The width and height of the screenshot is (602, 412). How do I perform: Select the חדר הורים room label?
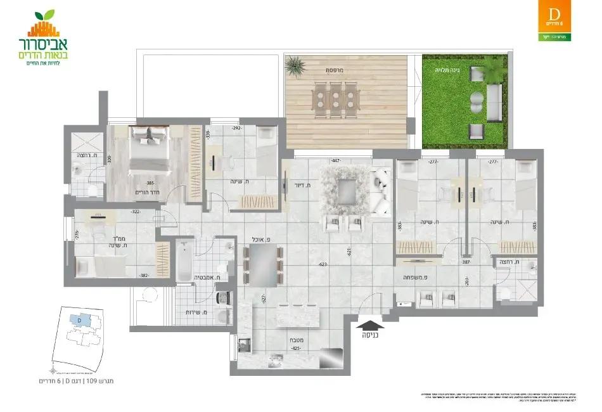click(146, 192)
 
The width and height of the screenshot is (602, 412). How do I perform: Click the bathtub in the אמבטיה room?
click(183, 261)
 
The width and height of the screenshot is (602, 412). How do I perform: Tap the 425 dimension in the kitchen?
click(295, 348)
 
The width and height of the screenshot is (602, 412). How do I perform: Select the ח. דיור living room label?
click(301, 185)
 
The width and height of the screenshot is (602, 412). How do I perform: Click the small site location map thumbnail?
click(77, 336)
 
